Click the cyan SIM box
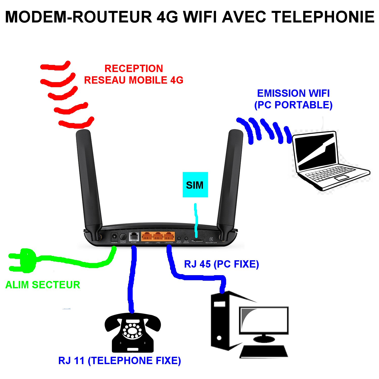[x=195, y=185]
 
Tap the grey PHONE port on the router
[x=134, y=237]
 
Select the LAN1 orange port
[x=147, y=237]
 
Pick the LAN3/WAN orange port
[x=169, y=237]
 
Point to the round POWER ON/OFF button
[x=123, y=237]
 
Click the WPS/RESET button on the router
[x=179, y=238]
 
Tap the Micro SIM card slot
[x=197, y=241]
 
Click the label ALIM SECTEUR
[x=43, y=285]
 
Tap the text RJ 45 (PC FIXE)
[x=221, y=264]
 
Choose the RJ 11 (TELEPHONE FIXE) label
[x=120, y=361]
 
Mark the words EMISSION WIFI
[x=293, y=93]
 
